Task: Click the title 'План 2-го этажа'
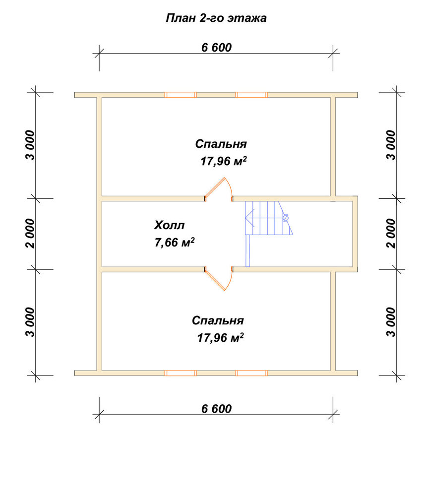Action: click(x=216, y=18)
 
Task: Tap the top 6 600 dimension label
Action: click(x=216, y=48)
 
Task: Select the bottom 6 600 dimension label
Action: click(x=216, y=409)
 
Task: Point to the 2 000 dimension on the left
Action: click(x=30, y=234)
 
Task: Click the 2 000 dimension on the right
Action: click(x=391, y=234)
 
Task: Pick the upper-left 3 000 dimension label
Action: click(x=30, y=145)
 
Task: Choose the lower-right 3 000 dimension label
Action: click(x=391, y=322)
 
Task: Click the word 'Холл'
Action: click(x=169, y=225)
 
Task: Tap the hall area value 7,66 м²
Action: click(x=174, y=243)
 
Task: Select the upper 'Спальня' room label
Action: click(x=221, y=144)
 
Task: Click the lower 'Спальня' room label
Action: click(x=218, y=320)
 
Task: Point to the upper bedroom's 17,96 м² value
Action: click(x=223, y=161)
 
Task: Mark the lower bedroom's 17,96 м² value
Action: click(x=220, y=337)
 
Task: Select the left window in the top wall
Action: click(x=181, y=95)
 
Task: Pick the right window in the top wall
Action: click(x=252, y=95)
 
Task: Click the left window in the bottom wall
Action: click(x=181, y=373)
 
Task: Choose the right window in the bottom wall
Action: click(x=252, y=373)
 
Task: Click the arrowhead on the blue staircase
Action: click(x=249, y=218)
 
